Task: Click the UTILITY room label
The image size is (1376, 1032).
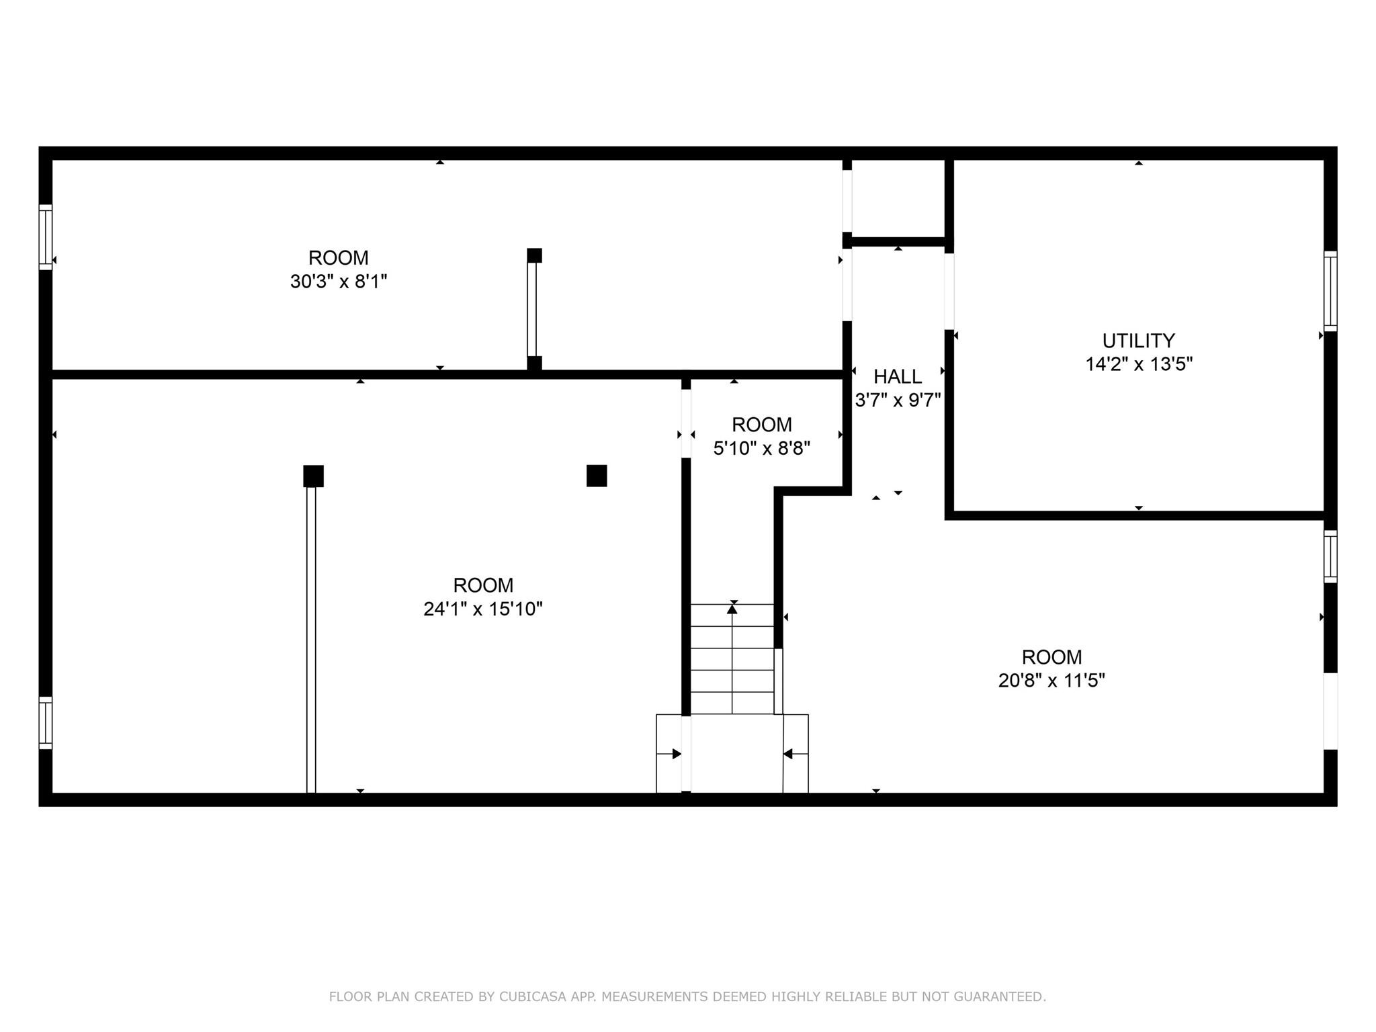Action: [1138, 341]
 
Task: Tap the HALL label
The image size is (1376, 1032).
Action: [898, 376]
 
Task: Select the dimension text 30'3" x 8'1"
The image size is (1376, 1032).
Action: [339, 282]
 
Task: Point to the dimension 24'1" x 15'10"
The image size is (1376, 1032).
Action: [483, 609]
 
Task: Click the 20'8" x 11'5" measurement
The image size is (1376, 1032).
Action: [1051, 681]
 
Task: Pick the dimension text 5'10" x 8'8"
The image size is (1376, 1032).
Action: [762, 448]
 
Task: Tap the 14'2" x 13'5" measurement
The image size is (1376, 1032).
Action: [1139, 364]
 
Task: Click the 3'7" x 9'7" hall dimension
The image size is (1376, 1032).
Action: [898, 400]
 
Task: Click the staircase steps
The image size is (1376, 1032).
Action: [732, 659]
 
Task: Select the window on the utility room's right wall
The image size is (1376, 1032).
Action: [1330, 291]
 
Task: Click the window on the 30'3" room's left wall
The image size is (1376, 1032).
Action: [45, 237]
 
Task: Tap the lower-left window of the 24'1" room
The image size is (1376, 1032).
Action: [45, 723]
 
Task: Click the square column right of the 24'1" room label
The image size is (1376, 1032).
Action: [597, 476]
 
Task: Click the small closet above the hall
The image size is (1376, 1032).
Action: [898, 198]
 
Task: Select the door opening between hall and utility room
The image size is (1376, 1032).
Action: [949, 292]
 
